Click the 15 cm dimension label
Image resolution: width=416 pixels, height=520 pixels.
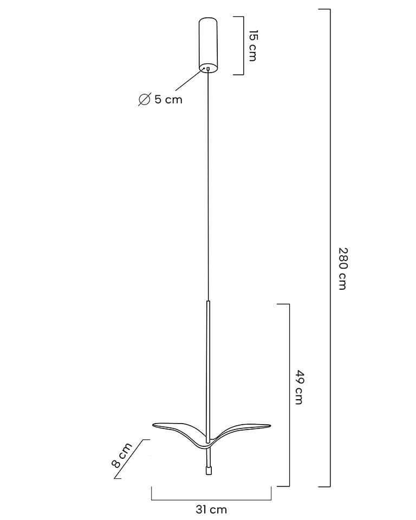[x=253, y=45]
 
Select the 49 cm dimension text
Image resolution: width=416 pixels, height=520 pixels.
[x=299, y=387]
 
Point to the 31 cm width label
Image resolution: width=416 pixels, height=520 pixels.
[x=211, y=509]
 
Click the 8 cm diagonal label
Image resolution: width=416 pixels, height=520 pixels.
[x=121, y=455]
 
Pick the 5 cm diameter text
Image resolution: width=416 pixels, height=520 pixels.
[x=168, y=99]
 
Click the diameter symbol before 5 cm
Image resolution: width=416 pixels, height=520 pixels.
[x=144, y=99]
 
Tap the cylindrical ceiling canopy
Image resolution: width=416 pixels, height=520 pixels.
[x=209, y=45]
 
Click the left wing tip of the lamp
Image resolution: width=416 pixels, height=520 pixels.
[x=153, y=425]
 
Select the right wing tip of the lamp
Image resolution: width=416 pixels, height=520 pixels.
[x=270, y=425]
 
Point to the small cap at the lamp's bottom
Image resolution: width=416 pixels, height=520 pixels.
[x=209, y=471]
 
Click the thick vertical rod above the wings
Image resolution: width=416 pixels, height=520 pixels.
[x=209, y=372]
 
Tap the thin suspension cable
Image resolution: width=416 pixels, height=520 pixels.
[x=209, y=186]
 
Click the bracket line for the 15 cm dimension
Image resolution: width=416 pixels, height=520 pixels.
[x=244, y=45]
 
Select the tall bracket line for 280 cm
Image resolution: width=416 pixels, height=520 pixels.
[x=330, y=248]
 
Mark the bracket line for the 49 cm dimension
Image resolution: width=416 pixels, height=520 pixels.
[x=289, y=395]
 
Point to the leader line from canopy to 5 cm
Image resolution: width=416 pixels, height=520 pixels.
[x=190, y=80]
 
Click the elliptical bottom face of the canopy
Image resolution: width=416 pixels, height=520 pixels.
[x=209, y=68]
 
